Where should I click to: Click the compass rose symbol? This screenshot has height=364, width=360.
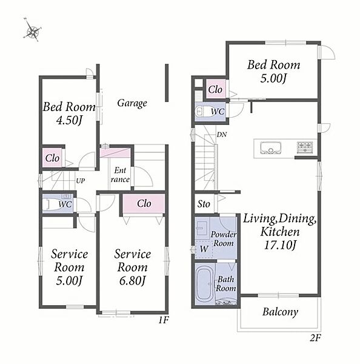click(x=32, y=30)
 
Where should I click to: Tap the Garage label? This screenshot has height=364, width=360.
click(x=132, y=103)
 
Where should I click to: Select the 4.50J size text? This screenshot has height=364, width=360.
click(x=69, y=120)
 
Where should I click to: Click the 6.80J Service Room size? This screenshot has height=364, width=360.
click(x=132, y=280)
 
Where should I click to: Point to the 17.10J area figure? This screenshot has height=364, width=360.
click(x=280, y=245)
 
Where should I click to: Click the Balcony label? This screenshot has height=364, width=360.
click(x=280, y=312)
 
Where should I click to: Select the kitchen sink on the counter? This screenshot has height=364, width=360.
click(x=270, y=148)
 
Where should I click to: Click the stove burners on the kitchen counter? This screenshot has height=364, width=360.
click(x=305, y=147)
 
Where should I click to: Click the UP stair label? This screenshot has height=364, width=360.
click(x=80, y=181)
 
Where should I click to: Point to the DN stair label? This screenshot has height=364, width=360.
click(x=222, y=135)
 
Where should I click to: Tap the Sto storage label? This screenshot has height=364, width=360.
click(x=204, y=204)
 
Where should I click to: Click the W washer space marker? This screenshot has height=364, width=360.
click(x=204, y=249)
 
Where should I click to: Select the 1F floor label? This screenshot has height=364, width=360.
click(x=164, y=320)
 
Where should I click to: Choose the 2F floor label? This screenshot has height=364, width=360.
click(x=315, y=338)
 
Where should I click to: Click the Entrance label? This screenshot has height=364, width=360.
click(x=120, y=175)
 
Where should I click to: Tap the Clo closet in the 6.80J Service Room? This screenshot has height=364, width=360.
click(x=144, y=204)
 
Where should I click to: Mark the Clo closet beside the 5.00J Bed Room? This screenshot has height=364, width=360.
click(x=215, y=89)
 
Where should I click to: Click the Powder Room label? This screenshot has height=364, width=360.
click(x=224, y=238)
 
